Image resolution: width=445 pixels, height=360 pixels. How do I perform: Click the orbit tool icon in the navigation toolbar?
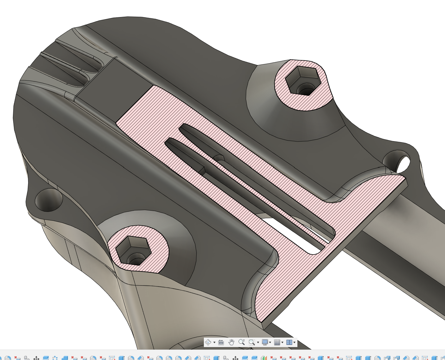click(208, 342)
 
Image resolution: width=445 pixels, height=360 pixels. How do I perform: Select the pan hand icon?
click(231, 342)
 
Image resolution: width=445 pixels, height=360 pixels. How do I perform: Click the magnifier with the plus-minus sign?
click(242, 342)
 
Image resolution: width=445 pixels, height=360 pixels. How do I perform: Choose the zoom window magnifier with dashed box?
click(252, 342)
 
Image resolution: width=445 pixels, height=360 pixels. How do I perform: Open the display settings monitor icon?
click(265, 342)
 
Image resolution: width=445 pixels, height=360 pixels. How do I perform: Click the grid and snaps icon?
click(277, 342)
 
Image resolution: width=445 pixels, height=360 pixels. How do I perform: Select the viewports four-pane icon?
click(289, 342)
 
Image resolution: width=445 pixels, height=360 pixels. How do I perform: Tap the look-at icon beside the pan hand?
click(221, 342)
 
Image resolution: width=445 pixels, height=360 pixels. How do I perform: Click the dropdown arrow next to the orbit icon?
click(214, 343)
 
